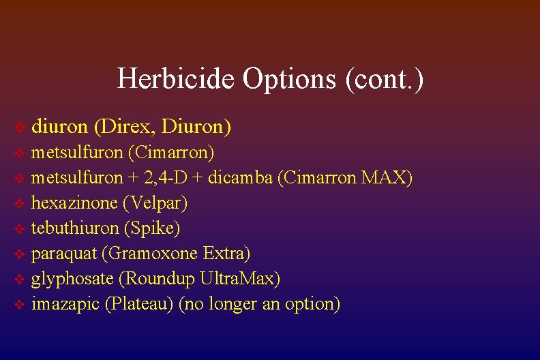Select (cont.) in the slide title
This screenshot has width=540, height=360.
pos(385,78)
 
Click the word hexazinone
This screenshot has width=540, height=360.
pos(73,202)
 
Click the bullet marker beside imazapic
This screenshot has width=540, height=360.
pos(20,304)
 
